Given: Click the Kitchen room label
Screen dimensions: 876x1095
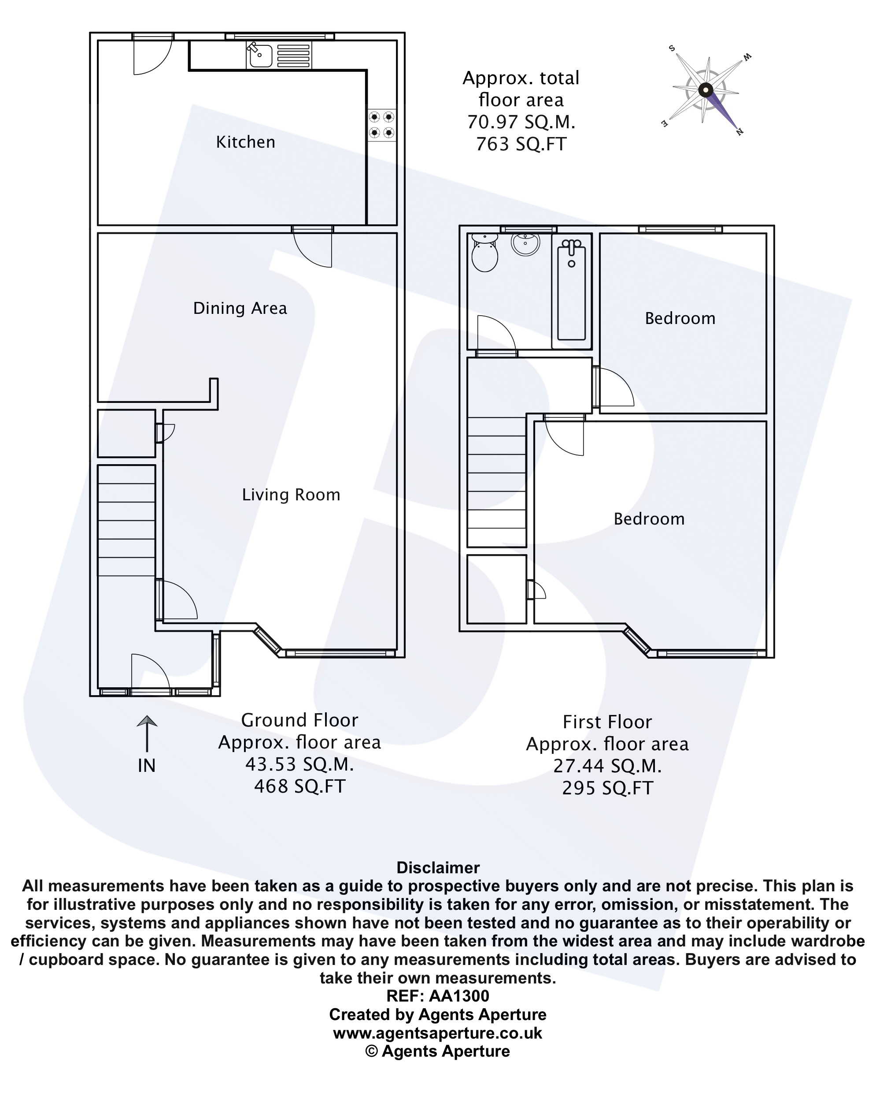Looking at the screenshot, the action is [246, 142].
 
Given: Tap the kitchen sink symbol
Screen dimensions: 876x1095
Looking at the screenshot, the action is [260, 55].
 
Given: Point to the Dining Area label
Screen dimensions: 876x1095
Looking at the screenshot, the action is [240, 308].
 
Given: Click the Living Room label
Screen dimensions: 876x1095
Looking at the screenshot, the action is [291, 495].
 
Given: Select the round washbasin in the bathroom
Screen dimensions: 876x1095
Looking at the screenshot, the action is [525, 243].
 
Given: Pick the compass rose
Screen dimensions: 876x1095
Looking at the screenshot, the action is [706, 90].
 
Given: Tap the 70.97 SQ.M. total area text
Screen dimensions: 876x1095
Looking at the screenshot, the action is [521, 123].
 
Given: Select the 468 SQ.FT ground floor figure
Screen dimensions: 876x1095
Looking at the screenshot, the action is [299, 786].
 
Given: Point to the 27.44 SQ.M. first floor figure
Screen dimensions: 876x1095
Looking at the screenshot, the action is [607, 766].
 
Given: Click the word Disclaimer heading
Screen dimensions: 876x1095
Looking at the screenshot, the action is [437, 868].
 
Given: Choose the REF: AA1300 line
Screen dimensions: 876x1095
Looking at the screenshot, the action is [437, 996].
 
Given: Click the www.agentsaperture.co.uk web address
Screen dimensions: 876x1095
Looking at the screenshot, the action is [437, 1033].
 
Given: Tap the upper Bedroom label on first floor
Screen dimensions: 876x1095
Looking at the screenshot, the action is [680, 318].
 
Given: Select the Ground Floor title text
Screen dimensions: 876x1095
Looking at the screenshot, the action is [299, 720].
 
